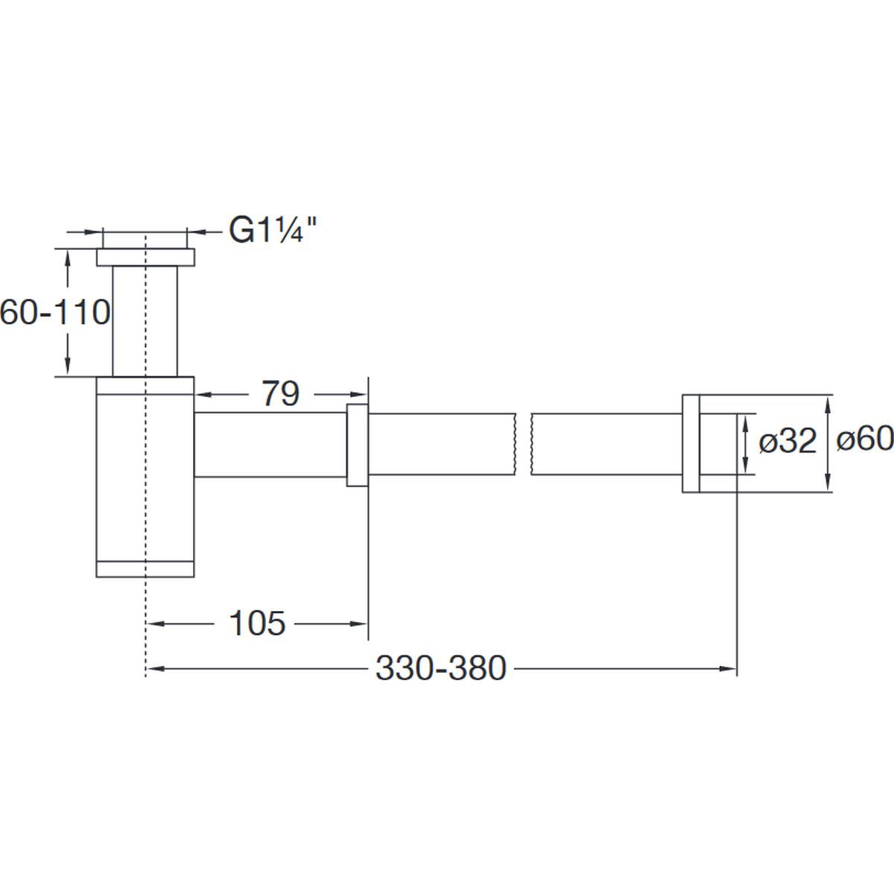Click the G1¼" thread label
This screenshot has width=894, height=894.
pos(273,230)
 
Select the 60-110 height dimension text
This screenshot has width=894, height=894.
pos(55,312)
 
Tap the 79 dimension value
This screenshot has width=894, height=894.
pos(281,394)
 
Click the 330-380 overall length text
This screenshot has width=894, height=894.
pos(441,668)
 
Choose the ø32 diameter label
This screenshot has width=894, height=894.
pos(787,441)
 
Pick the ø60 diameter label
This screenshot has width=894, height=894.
pos(865,438)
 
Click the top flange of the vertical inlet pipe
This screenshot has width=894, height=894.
pos(146,258)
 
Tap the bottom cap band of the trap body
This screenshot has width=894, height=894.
pos(145,569)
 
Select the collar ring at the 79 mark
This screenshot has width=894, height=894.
pos(358,445)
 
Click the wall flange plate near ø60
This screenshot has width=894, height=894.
pos(691,443)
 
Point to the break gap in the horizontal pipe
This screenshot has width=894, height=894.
pos(523,444)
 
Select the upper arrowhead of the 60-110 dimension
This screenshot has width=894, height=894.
pos(68,259)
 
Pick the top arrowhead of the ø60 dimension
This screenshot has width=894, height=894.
pos(828,405)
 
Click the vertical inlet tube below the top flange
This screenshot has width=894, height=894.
pos(145,321)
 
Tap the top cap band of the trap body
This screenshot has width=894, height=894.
pos(145,385)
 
